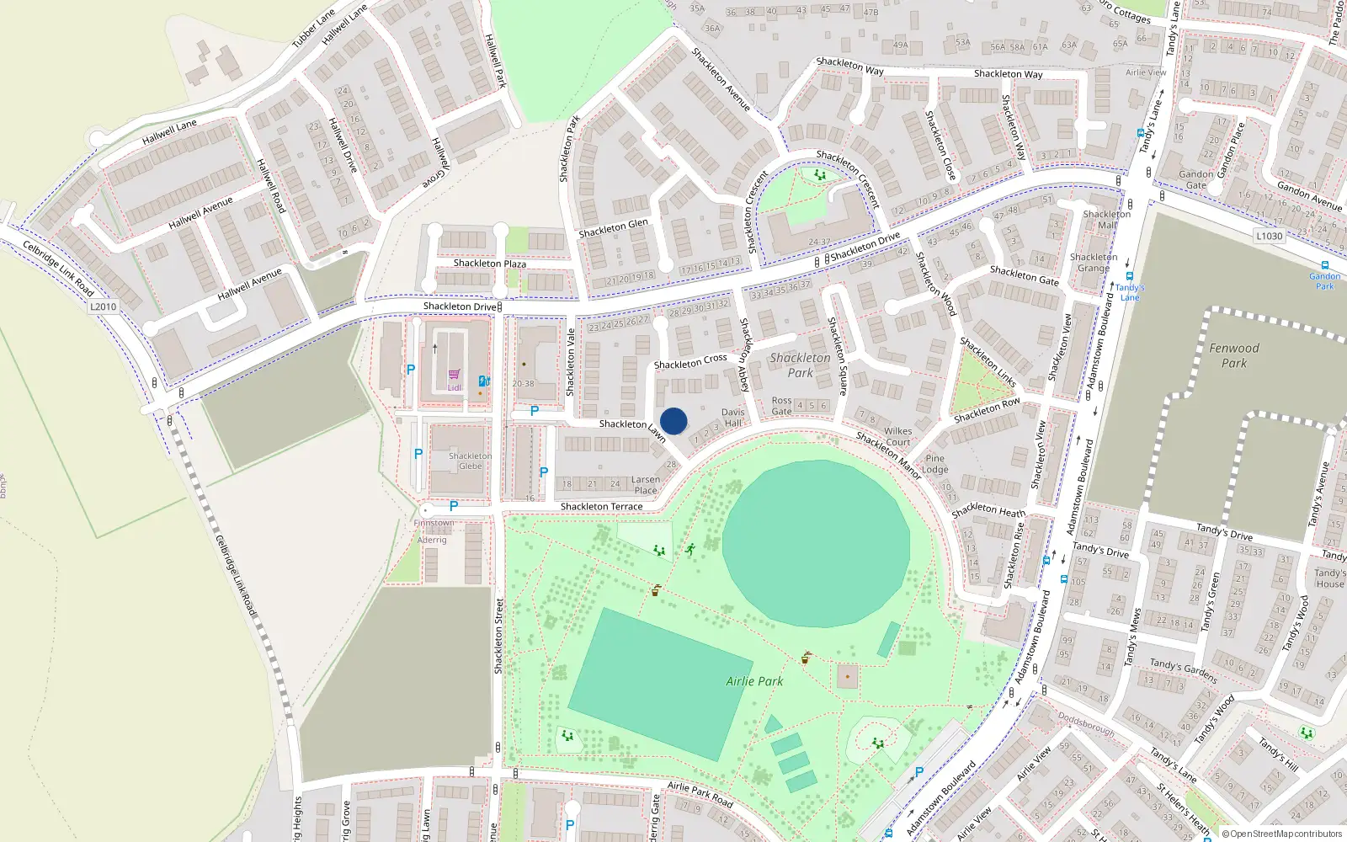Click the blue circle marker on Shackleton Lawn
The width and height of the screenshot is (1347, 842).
(673, 421)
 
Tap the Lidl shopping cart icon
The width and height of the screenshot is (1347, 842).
(454, 374)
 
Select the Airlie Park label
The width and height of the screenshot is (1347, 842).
(754, 681)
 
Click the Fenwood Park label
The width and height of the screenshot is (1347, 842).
(1234, 355)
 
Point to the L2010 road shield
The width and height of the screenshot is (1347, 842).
(104, 306)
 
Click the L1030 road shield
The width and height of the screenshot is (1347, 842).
(1270, 236)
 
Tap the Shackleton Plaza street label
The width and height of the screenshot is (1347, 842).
(489, 264)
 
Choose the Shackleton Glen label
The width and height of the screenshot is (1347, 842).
(613, 228)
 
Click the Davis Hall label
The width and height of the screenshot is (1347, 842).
(733, 418)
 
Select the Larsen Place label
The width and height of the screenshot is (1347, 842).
(646, 485)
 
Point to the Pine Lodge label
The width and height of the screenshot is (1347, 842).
(934, 464)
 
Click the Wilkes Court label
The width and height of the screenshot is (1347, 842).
(898, 436)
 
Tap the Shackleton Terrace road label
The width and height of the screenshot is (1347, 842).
(601, 507)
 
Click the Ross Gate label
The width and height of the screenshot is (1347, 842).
(781, 406)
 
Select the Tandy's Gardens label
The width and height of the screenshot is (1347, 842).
(1183, 670)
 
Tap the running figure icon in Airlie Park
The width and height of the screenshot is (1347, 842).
(690, 549)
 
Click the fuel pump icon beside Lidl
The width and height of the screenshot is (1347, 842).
(483, 381)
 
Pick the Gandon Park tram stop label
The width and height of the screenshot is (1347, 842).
(1324, 280)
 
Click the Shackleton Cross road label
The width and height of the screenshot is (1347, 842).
(690, 362)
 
